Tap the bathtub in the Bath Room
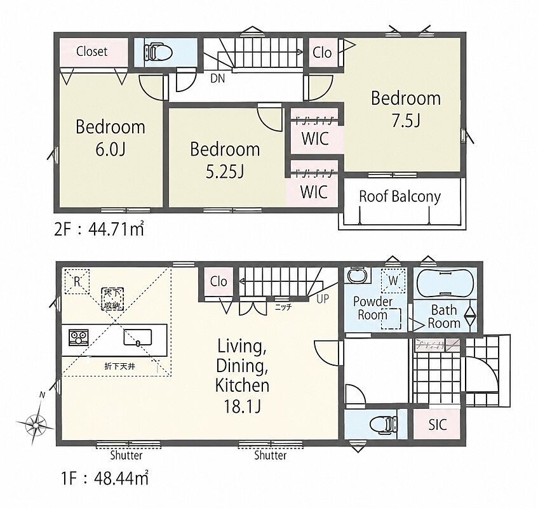pyautogui.click(x=445, y=284)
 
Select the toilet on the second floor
pyautogui.click(x=158, y=52)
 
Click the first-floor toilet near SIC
pyautogui.click(x=384, y=424)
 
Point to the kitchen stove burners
pyautogui.click(x=79, y=337)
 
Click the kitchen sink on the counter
pyautogui.click(x=138, y=337)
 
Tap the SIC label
pyautogui.click(x=438, y=425)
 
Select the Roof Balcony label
pyautogui.click(x=400, y=197)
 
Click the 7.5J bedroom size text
pyautogui.click(x=407, y=120)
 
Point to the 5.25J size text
pyautogui.click(x=225, y=171)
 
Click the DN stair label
pyautogui.click(x=217, y=79)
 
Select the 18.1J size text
pyautogui.click(x=242, y=407)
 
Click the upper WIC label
pyautogui.click(x=315, y=138)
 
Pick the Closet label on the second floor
pyautogui.click(x=91, y=51)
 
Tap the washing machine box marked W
pyautogui.click(x=393, y=281)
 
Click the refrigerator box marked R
pyautogui.click(x=77, y=281)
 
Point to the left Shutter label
pyautogui.click(x=126, y=455)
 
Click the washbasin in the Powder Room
pyautogui.click(x=358, y=275)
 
